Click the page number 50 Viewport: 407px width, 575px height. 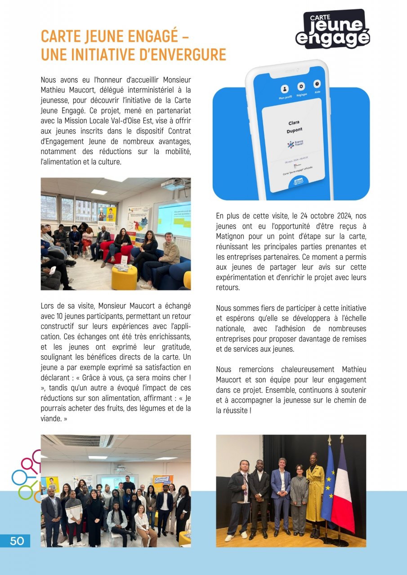click(17, 541)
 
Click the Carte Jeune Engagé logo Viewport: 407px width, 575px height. click(333, 29)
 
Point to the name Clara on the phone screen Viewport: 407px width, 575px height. click(294, 123)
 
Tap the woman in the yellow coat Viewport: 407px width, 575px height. click(315, 494)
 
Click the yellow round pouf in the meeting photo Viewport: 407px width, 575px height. click(124, 278)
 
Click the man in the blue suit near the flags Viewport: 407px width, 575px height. click(281, 494)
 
